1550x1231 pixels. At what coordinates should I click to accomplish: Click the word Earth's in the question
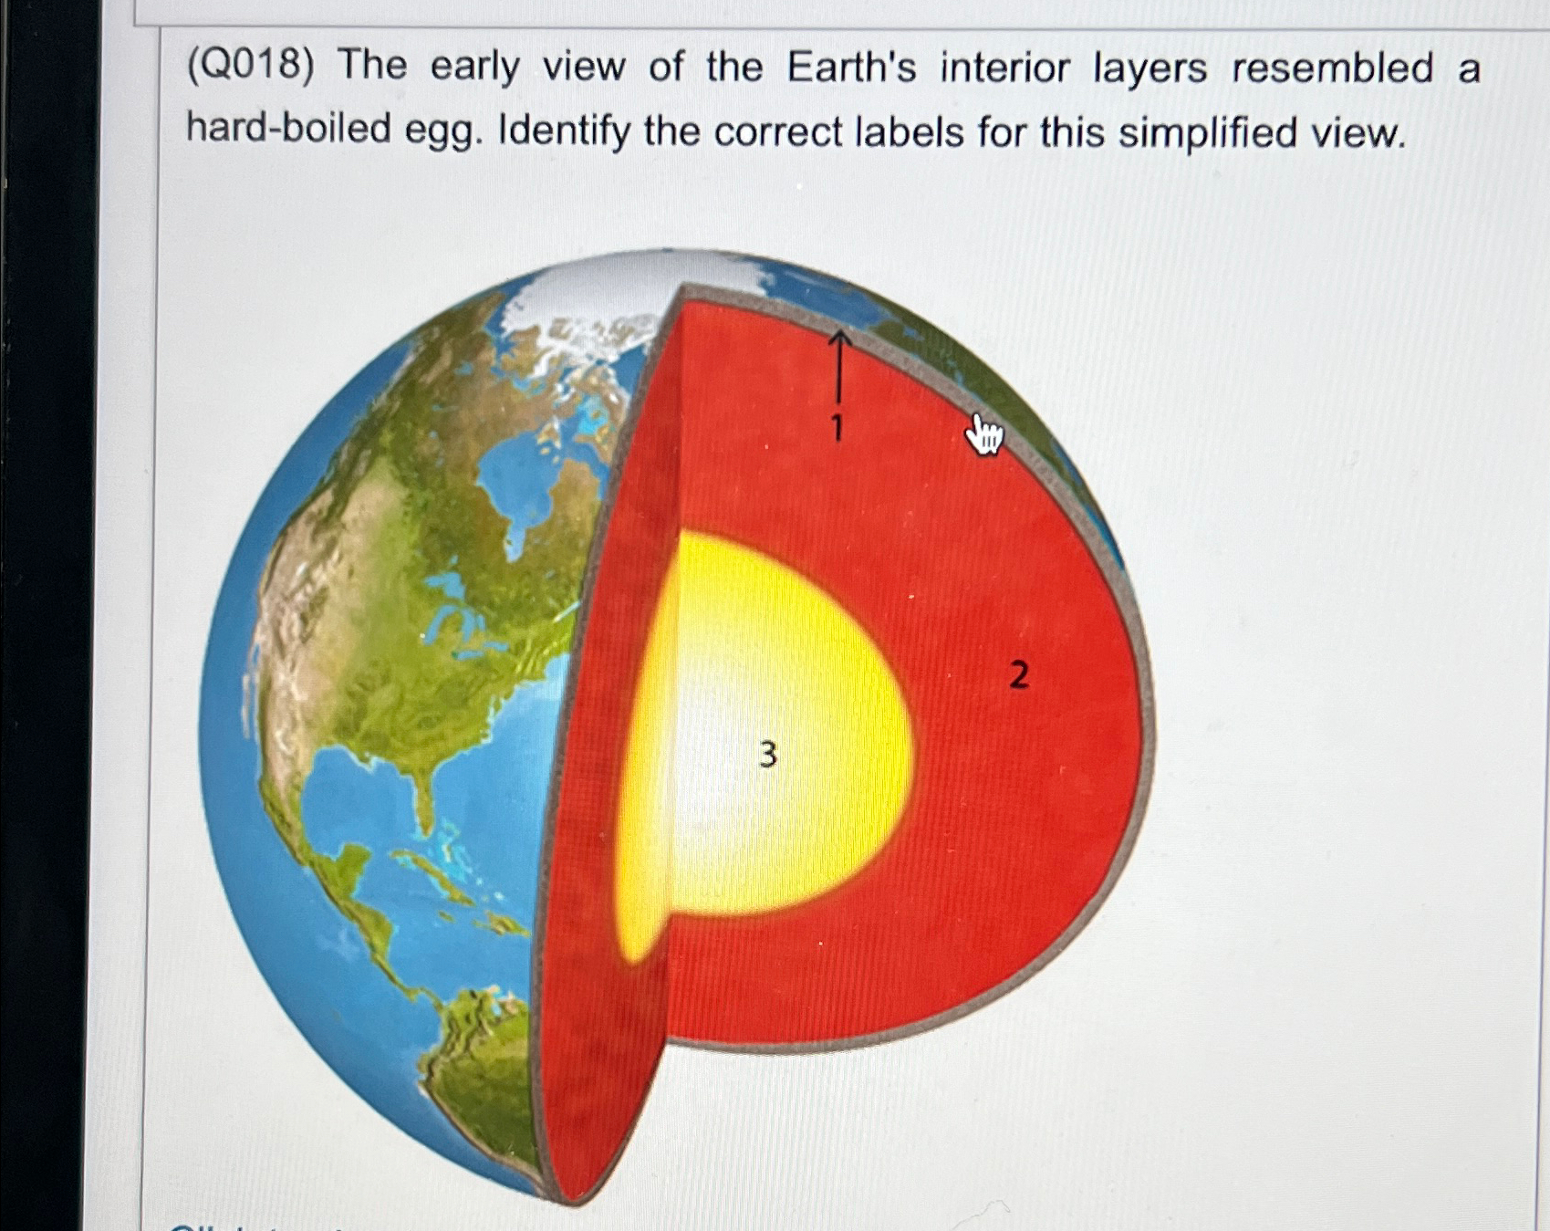click(851, 68)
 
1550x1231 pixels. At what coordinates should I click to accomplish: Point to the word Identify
click(564, 132)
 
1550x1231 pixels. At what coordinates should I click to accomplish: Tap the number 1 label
click(837, 427)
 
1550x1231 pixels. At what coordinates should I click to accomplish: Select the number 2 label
click(1019, 675)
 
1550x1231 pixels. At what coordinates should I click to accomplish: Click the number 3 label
click(768, 755)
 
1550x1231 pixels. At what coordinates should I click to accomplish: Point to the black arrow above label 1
click(838, 370)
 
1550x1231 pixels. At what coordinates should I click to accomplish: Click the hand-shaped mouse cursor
click(983, 434)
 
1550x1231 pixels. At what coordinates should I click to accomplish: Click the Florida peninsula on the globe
click(425, 803)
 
